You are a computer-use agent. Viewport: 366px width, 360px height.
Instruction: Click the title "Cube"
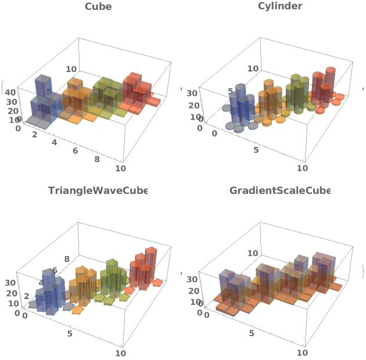[x=98, y=7]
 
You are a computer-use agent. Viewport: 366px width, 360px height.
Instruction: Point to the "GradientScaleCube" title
[x=279, y=190]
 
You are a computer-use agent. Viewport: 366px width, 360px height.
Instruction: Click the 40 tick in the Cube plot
[x=11, y=92]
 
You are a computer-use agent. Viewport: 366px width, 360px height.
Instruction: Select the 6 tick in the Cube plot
[x=76, y=151]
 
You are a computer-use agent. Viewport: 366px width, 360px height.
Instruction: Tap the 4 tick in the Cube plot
[x=54, y=143]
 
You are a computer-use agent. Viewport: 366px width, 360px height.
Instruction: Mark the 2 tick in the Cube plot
[x=34, y=135]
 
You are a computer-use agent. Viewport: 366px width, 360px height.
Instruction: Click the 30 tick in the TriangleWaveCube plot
[x=10, y=283]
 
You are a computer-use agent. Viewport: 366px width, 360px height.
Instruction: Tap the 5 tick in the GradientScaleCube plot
[x=252, y=333]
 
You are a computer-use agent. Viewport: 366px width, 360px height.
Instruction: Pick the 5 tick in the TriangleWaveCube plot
[x=70, y=334]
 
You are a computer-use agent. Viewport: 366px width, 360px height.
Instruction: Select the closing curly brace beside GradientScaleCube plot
[x=362, y=271]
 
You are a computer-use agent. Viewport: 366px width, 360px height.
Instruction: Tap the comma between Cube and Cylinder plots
[x=182, y=88]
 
